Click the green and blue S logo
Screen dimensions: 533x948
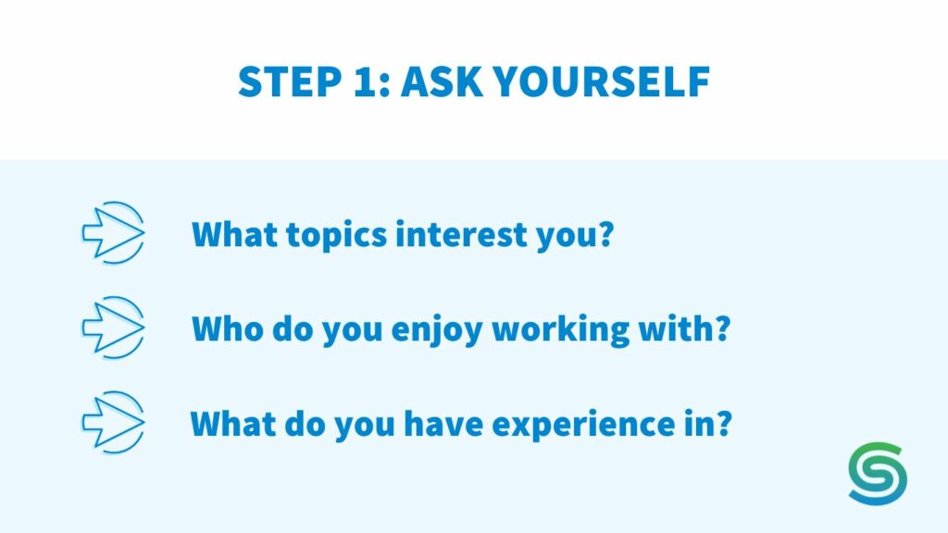click(x=877, y=473)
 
